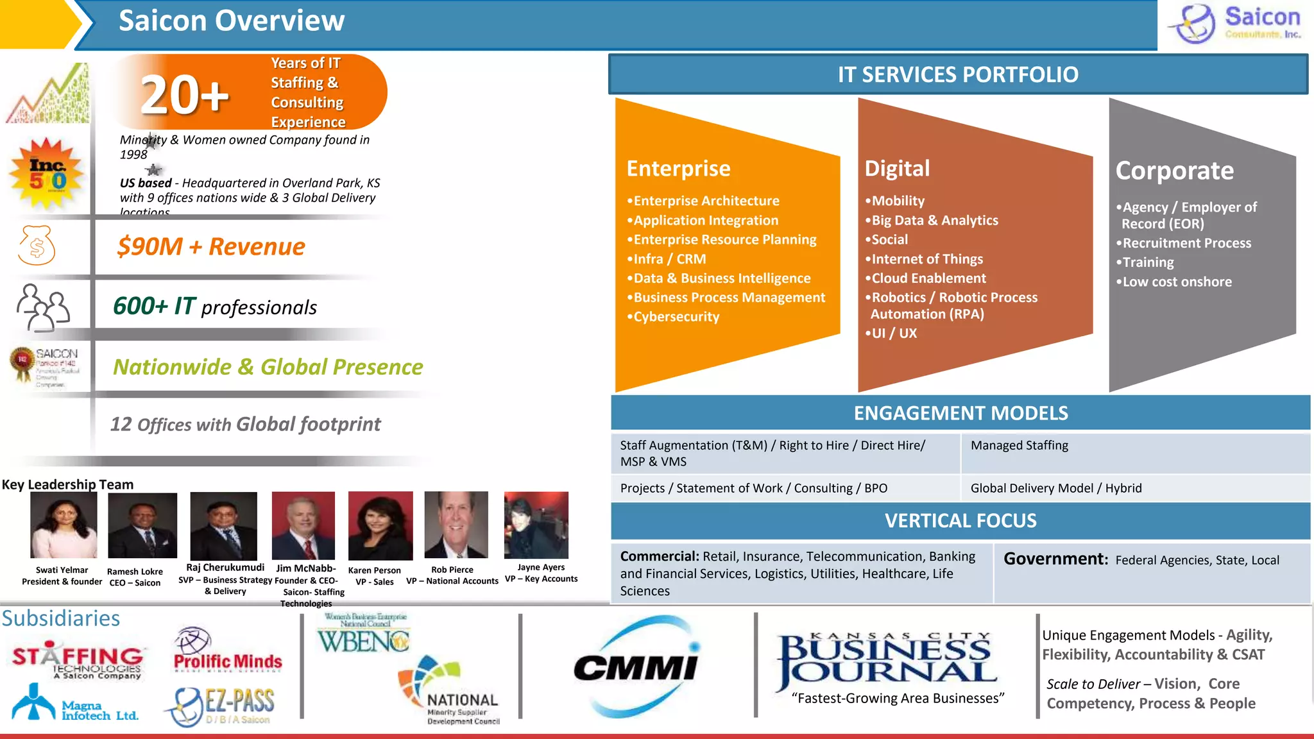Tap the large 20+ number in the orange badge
[x=185, y=95]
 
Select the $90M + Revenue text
[x=211, y=247]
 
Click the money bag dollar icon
[x=37, y=246]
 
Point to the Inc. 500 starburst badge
[x=47, y=174]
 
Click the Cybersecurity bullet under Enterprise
[x=676, y=317]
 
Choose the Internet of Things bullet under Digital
[x=926, y=259]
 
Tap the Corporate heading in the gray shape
[x=1174, y=171]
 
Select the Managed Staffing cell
[x=1019, y=446]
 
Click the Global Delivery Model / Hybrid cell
[x=1055, y=488]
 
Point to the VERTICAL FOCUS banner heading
[x=960, y=521]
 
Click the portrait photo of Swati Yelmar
[x=64, y=525]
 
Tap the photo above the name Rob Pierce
[x=456, y=525]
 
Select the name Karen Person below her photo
[x=374, y=570]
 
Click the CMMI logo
[x=636, y=667]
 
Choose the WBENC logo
[x=364, y=634]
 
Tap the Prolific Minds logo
[x=227, y=652]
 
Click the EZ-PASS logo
[x=222, y=706]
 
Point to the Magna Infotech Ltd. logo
[x=74, y=704]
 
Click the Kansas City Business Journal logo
[x=887, y=661]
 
